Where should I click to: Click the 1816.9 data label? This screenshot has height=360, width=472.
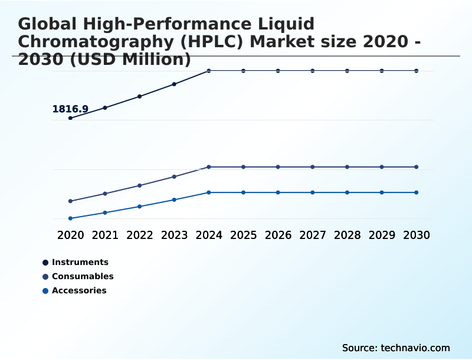tap(70, 109)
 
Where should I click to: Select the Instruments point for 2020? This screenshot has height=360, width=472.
tap(70, 118)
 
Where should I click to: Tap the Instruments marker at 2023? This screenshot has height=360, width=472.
tap(174, 84)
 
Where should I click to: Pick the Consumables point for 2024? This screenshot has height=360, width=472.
tap(209, 167)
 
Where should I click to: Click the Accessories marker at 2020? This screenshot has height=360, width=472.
tap(70, 218)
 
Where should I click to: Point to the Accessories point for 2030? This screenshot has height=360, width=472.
tap(416, 192)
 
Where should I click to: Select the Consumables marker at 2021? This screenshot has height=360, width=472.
tap(105, 194)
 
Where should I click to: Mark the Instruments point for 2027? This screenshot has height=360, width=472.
tap(313, 71)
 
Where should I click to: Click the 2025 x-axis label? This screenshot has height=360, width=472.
tap(243, 235)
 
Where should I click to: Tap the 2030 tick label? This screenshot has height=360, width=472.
tap(416, 235)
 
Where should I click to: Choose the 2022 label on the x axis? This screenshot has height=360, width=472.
tap(140, 235)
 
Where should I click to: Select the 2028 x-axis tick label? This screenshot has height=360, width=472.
tap(347, 235)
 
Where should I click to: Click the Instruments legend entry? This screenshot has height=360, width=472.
tap(80, 262)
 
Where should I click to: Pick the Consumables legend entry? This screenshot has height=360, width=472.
tap(83, 276)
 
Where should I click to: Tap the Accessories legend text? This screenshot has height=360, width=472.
tap(79, 290)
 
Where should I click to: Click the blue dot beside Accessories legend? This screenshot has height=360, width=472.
tap(45, 290)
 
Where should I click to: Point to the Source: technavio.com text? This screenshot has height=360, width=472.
tap(396, 348)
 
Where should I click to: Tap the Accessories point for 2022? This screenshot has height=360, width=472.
tap(140, 207)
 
